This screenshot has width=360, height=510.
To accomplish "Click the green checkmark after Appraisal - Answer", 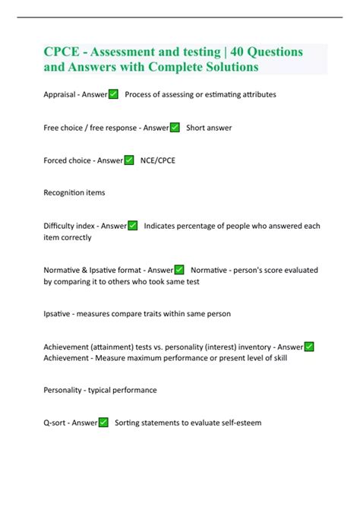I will (x=113, y=94).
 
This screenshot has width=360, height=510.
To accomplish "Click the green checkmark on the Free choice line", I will (x=175, y=128).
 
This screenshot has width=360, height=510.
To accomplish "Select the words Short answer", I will (x=209, y=128).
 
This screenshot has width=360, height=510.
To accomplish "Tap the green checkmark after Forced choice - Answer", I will (x=129, y=160).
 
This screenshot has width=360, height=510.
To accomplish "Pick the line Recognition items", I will (x=74, y=193).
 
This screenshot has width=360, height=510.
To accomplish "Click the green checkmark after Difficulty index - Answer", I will (x=133, y=226).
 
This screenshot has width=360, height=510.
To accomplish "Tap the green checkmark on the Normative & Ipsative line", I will (x=179, y=270).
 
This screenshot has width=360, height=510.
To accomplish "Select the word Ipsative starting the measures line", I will (x=59, y=313).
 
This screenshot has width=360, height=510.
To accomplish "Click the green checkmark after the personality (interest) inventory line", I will (x=309, y=347).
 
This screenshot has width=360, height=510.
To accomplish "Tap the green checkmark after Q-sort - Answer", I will (x=103, y=423).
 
